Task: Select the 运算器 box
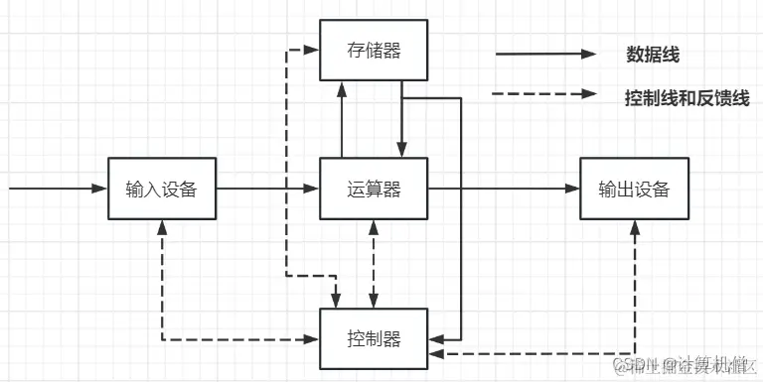[373, 189]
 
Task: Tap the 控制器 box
[375, 338]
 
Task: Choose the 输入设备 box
[162, 189]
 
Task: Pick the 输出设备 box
[634, 189]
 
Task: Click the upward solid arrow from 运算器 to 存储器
[342, 119]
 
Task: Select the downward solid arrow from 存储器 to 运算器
[401, 119]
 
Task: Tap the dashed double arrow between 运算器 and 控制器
[374, 264]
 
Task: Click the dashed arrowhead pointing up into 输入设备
[162, 226]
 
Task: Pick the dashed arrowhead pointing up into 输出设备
[634, 226]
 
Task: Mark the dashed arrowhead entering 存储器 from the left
[312, 50]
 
